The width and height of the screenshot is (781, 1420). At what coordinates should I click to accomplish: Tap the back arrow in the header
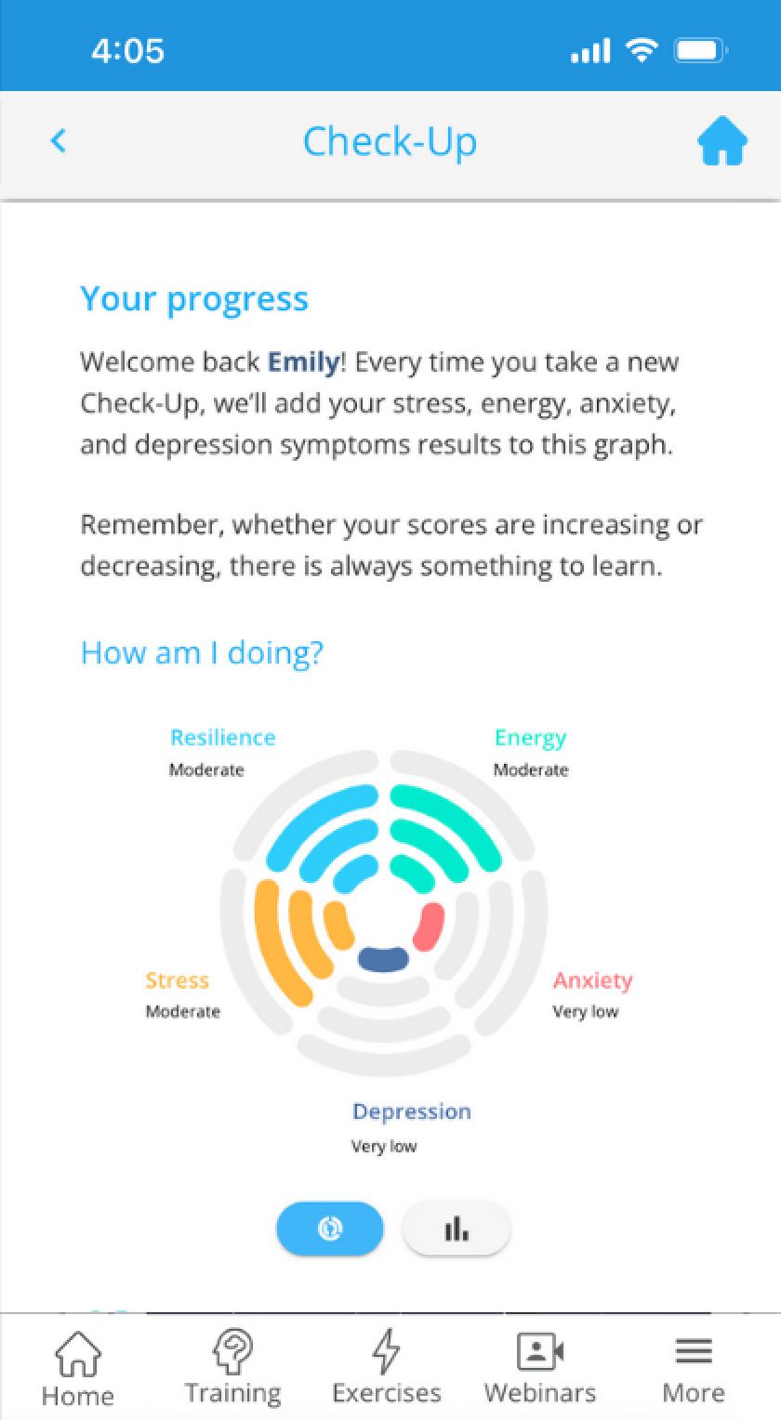59,140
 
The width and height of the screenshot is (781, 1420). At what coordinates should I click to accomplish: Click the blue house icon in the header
722,140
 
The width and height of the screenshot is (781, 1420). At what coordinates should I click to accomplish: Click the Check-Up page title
390,142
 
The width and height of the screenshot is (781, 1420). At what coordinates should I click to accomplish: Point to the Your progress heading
194,299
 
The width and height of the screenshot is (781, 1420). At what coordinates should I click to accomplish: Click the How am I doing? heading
202,653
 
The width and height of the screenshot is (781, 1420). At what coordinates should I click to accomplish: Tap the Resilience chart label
223,737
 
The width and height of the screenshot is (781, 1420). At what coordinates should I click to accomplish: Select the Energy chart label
530,738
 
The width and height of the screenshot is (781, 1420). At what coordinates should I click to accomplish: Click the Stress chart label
177,980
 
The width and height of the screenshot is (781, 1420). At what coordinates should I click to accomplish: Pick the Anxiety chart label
592,980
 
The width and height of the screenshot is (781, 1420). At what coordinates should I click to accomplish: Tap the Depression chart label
412,1111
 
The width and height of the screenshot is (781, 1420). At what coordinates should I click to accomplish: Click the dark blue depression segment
383,958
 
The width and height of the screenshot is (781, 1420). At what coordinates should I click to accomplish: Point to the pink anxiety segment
429,927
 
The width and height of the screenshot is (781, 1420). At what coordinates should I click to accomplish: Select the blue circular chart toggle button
330,1229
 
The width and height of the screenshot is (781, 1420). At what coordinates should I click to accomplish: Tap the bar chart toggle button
457,1229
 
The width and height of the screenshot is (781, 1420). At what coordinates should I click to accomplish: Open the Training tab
232,1366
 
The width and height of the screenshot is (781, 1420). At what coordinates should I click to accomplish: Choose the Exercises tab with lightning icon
387,1366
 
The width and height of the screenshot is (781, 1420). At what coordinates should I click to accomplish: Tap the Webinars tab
540,1366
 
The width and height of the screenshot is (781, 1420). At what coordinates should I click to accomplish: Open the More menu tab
694,1369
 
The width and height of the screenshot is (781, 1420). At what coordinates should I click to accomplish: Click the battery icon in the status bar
700,51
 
